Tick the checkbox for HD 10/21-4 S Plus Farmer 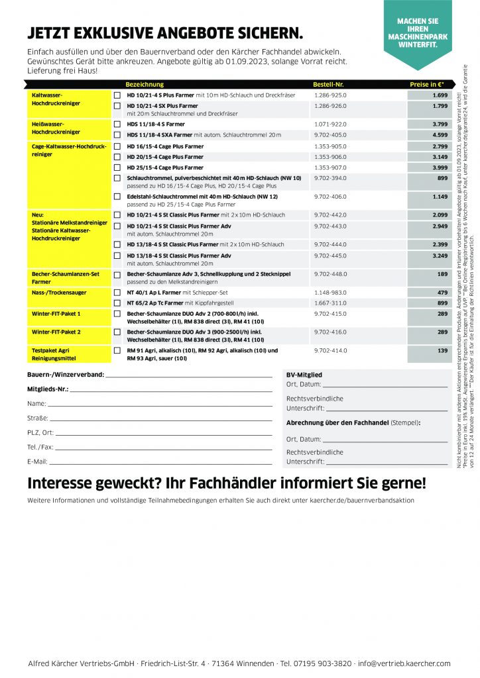pyautogui.click(x=117, y=95)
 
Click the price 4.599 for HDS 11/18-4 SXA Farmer pyautogui.click(x=439, y=134)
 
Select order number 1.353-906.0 pyautogui.click(x=330, y=157)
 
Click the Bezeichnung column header pyautogui.click(x=145, y=85)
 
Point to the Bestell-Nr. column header pyautogui.click(x=328, y=85)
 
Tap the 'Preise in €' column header pyautogui.click(x=426, y=85)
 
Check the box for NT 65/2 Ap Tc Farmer pyautogui.click(x=117, y=303)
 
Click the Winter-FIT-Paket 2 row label pyautogui.click(x=56, y=332)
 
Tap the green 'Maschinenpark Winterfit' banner pyautogui.click(x=418, y=33)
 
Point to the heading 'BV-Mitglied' pyautogui.click(x=304, y=374)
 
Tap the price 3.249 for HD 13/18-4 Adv pyautogui.click(x=439, y=256)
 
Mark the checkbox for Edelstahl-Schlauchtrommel pyautogui.click(x=117, y=197)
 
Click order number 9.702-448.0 pyautogui.click(x=330, y=273)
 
